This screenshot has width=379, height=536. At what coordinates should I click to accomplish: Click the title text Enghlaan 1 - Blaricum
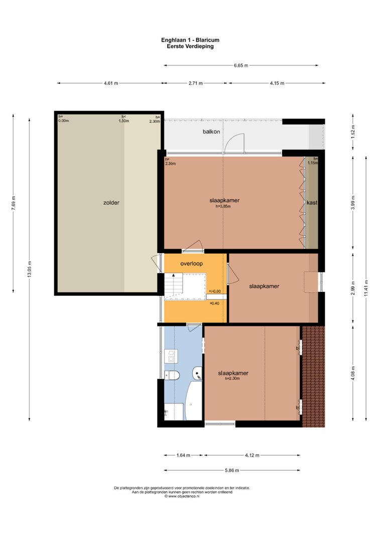(190, 40)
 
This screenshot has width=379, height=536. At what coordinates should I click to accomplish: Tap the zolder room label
(111, 203)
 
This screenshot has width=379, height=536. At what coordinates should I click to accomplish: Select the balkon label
(211, 132)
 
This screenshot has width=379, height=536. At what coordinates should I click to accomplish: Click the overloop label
(192, 264)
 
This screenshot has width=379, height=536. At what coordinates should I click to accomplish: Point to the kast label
(312, 202)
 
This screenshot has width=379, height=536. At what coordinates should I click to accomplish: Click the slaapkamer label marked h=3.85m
(224, 200)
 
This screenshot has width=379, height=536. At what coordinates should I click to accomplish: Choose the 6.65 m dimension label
(241, 65)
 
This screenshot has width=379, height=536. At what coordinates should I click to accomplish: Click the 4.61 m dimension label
(111, 83)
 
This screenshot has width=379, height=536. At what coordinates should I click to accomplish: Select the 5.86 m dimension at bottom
(232, 470)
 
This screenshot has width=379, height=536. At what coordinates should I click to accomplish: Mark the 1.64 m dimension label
(183, 455)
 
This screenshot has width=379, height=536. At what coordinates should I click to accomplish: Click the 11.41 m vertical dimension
(366, 288)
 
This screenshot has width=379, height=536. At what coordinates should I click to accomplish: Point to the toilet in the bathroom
(172, 375)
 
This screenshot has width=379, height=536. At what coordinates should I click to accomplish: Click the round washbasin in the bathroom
(197, 374)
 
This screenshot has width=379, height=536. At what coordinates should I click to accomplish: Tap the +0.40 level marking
(214, 303)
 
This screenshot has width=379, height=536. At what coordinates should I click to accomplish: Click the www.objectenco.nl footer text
(182, 496)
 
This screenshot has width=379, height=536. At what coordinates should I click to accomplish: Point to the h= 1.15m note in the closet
(312, 161)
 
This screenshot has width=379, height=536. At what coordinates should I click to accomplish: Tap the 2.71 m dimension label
(195, 83)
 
